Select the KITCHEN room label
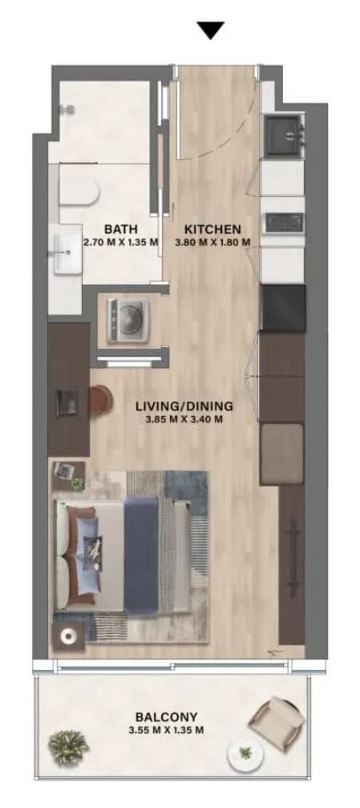pyautogui.click(x=212, y=228)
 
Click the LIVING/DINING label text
pyautogui.click(x=184, y=406)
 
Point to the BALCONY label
pyautogui.click(x=166, y=717)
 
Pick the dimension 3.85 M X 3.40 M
pyautogui.click(x=184, y=419)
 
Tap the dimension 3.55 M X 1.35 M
pyautogui.click(x=166, y=730)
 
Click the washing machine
pyautogui.click(x=128, y=321)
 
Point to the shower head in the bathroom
pyautogui.click(x=66, y=110)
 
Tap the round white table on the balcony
pyautogui.click(x=245, y=755)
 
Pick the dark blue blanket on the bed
pyautogui.click(x=141, y=555)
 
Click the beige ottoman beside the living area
pyautogui.click(x=281, y=454)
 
